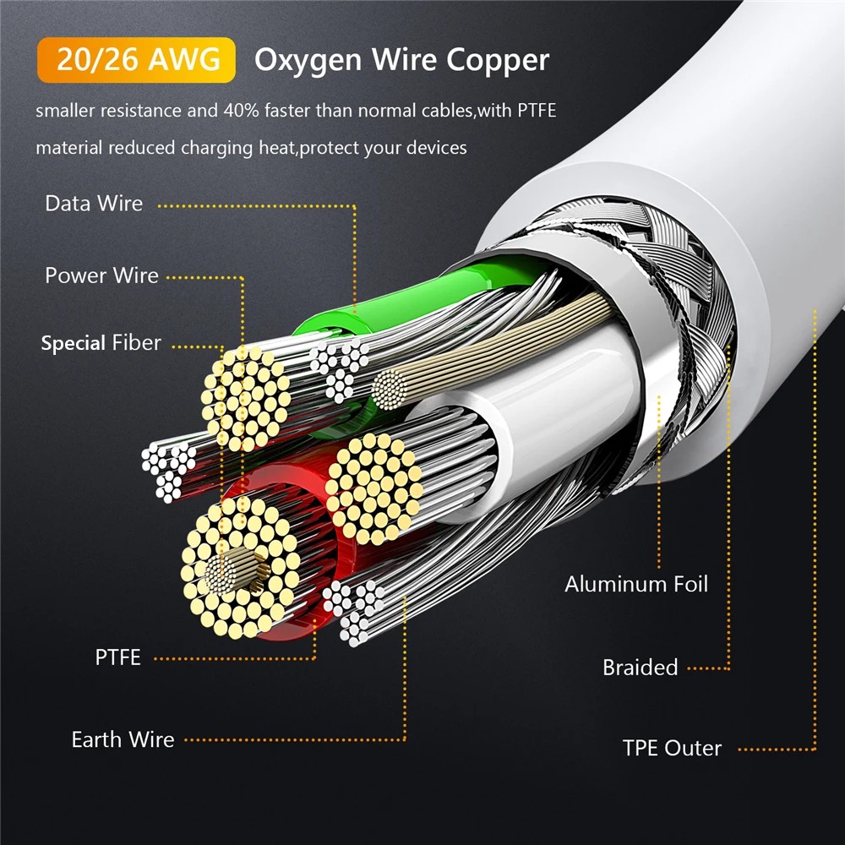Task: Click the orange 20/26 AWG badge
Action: point(136,60)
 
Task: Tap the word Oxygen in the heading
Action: point(308,61)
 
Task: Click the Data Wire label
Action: point(94,203)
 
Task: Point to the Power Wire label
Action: point(102,275)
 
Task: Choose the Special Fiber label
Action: point(101,343)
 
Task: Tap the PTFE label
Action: point(118,657)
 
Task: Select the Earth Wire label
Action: point(123,739)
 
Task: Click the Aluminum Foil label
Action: point(636,584)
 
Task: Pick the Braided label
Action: point(641,668)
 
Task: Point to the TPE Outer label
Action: point(672,748)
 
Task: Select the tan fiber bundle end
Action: point(389,389)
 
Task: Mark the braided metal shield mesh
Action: point(673,302)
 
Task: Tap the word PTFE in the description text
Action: point(537,111)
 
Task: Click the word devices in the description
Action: point(437,148)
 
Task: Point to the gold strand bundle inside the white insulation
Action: point(374,488)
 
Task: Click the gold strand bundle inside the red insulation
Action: point(240,569)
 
